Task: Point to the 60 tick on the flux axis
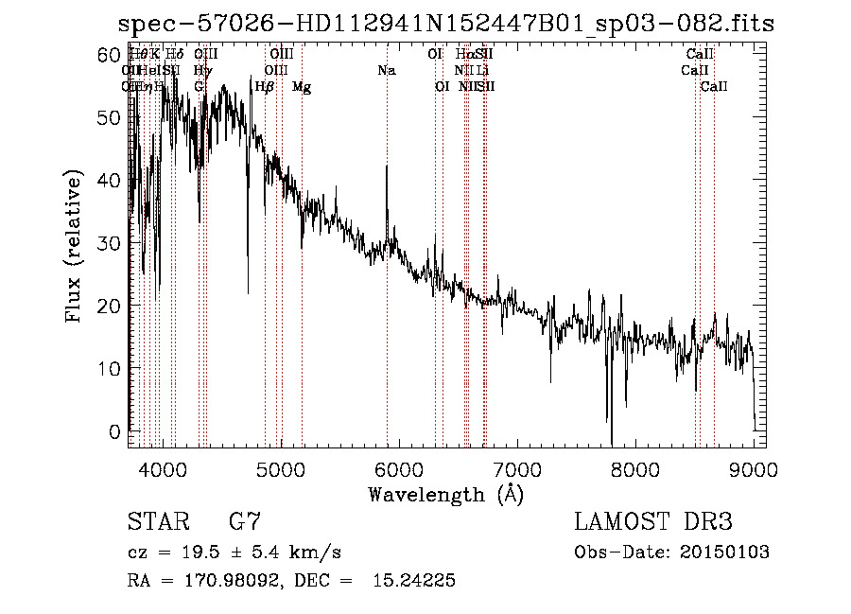point(112,55)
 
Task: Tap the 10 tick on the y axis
point(112,368)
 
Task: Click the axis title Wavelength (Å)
point(445,494)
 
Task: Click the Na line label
point(386,70)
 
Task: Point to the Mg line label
point(302,87)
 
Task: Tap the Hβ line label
point(265,87)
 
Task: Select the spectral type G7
point(244,522)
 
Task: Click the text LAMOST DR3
point(653,522)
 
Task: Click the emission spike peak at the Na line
point(387,167)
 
